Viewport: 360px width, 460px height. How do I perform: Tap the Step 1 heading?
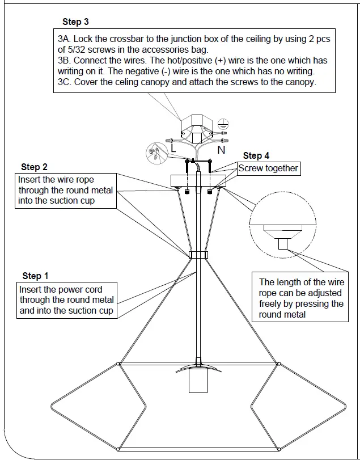click(35, 276)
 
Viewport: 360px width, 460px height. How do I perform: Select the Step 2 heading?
click(34, 167)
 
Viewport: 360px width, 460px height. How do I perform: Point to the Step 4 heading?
click(256, 155)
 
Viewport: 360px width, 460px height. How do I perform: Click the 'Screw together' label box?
click(268, 168)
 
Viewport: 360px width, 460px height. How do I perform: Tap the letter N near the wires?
click(222, 150)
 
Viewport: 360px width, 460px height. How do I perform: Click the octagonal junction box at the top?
click(197, 129)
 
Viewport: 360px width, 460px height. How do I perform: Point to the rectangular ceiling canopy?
click(197, 181)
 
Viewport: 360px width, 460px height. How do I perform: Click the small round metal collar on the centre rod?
click(197, 255)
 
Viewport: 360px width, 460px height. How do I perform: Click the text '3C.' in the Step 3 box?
click(66, 82)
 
